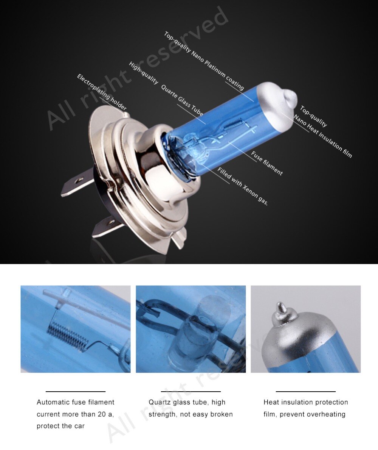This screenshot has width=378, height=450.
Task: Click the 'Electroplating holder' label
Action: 102,92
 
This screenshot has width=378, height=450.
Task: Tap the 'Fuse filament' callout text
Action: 267,163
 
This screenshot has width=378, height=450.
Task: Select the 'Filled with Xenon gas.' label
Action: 243,187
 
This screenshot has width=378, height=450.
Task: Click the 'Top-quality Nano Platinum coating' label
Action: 204,61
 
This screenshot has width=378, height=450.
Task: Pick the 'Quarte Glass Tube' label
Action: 182,100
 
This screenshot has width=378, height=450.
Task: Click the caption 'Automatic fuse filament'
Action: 75,402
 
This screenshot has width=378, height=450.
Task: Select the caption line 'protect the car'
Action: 60,426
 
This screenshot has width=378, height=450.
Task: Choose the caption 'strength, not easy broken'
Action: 191,414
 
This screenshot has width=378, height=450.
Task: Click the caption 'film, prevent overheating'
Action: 304,414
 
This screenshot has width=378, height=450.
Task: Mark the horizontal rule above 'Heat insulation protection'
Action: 305,391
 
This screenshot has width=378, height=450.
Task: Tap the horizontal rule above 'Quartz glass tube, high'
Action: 191,391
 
